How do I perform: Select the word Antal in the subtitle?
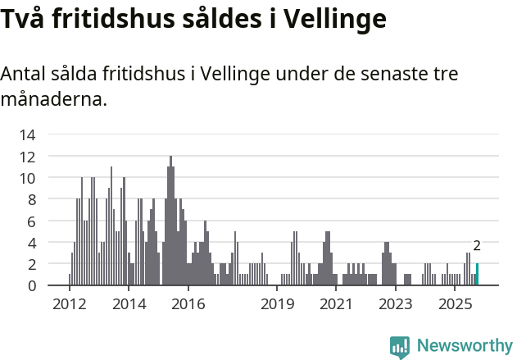click(x=24, y=74)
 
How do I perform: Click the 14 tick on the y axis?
click(x=28, y=134)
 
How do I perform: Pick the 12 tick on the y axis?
click(x=28, y=156)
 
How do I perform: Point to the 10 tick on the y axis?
click(x=28, y=178)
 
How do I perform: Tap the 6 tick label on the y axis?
click(x=31, y=221)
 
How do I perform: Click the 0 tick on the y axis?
click(x=31, y=285)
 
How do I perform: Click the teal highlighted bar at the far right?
click(x=477, y=275)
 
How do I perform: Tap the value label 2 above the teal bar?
click(x=477, y=245)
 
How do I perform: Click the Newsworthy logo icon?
click(x=400, y=347)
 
